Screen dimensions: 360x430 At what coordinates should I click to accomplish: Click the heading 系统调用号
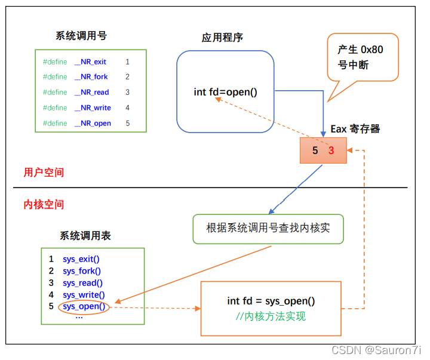tap(81, 36)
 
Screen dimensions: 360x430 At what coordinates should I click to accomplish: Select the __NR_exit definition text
tap(90, 61)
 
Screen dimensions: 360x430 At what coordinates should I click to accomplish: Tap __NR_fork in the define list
tap(91, 77)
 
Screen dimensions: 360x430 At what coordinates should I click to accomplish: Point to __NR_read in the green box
tap(91, 93)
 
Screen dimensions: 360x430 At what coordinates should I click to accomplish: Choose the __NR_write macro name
tap(93, 108)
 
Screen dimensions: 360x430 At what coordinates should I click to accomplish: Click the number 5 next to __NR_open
tap(128, 124)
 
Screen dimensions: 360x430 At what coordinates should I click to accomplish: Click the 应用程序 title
tap(222, 38)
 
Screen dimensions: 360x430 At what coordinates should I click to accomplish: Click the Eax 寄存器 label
tap(355, 129)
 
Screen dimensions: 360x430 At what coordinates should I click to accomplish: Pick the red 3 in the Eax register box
tap(331, 151)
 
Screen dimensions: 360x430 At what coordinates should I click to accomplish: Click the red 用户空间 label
tap(44, 173)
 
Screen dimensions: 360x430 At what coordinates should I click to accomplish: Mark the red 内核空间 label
tap(44, 205)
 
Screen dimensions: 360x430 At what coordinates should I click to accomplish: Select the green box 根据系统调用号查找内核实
tap(268, 229)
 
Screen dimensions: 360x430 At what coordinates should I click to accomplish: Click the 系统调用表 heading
tap(85, 236)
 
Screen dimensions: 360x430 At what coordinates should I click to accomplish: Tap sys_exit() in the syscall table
tap(81, 259)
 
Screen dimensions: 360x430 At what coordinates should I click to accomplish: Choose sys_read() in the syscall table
tap(82, 283)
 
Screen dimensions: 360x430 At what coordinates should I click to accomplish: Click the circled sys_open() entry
tap(84, 307)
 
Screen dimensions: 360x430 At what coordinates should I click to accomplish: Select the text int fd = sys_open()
tap(271, 301)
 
